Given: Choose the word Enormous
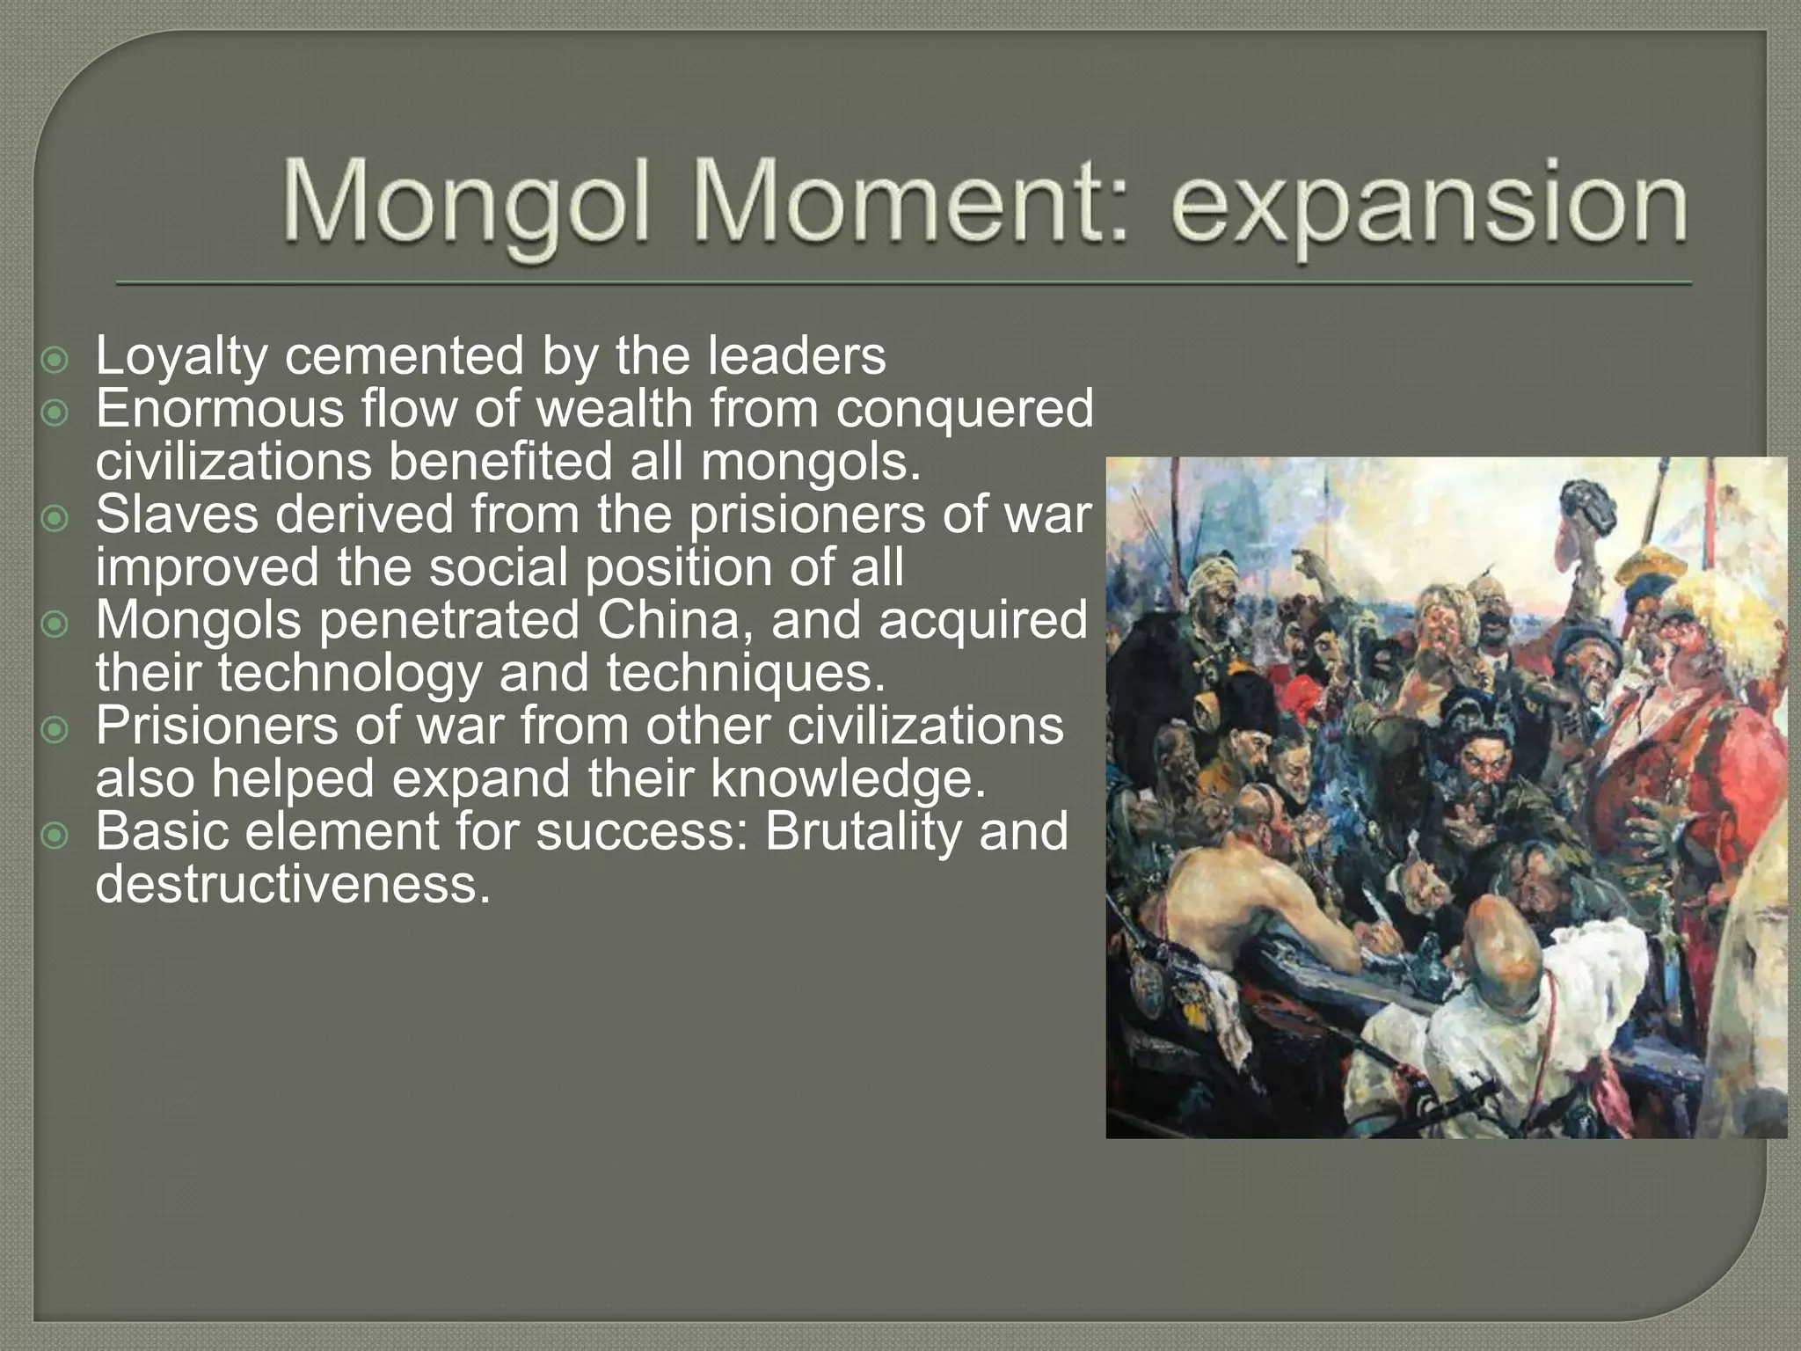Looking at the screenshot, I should [220, 409].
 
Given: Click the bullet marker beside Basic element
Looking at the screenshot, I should [55, 836].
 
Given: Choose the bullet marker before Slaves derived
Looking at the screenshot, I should [55, 519].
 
